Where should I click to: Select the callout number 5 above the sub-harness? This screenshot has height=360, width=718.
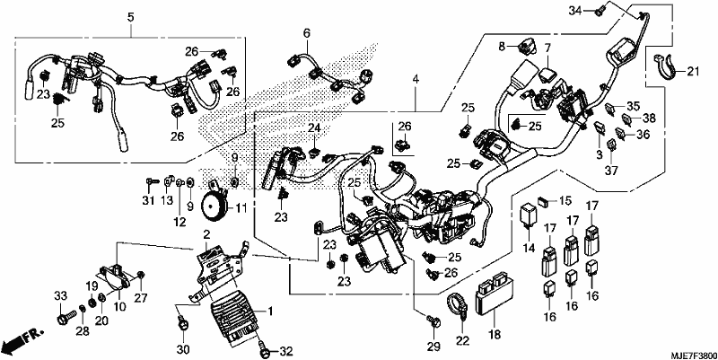click(x=130, y=17)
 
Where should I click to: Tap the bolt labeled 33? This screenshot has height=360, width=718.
click(x=66, y=317)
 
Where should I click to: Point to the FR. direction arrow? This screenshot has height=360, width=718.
click(x=22, y=339)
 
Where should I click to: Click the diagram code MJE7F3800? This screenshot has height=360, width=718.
click(x=693, y=355)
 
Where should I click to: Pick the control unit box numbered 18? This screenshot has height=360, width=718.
click(x=492, y=294)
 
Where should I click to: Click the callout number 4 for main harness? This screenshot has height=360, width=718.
click(x=416, y=79)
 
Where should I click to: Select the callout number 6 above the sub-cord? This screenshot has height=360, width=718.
click(x=306, y=33)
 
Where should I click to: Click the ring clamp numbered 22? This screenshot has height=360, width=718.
click(x=457, y=304)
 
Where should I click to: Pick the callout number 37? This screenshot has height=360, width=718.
click(x=612, y=171)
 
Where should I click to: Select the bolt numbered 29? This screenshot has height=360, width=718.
click(x=434, y=321)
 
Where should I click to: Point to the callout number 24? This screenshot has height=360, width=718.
click(x=314, y=127)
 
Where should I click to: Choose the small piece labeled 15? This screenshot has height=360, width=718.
click(x=544, y=200)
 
